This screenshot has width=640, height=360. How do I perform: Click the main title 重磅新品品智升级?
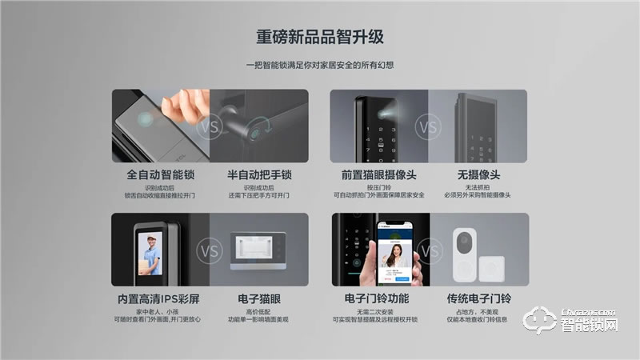[x=319, y=37]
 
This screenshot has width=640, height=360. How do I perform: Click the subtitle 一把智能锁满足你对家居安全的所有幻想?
[x=319, y=66]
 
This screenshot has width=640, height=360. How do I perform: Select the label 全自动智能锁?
[x=161, y=174]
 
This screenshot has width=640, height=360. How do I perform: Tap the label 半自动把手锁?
[x=258, y=174]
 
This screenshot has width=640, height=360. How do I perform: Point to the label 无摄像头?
[x=478, y=174]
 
